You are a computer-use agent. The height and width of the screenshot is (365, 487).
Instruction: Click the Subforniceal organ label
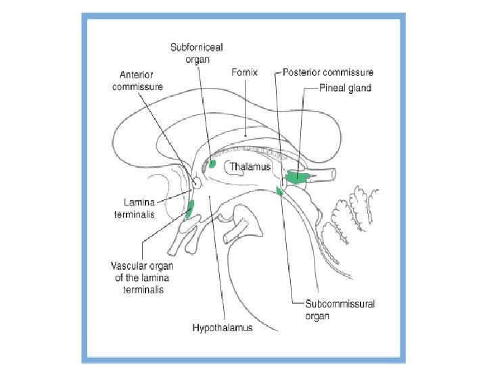[x=197, y=53]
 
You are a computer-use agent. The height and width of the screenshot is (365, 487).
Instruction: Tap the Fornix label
[x=244, y=72]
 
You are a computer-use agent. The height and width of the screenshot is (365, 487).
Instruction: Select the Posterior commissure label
[x=328, y=72]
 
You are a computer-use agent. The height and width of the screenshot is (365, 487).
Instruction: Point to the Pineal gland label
[x=346, y=88]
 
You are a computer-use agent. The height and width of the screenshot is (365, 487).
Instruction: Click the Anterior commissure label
[x=137, y=80]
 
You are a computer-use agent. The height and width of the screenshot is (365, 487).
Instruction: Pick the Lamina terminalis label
[x=135, y=208]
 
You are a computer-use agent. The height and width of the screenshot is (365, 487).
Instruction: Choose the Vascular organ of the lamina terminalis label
[x=142, y=278]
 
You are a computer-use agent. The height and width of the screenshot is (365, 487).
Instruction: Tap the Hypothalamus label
[x=223, y=328]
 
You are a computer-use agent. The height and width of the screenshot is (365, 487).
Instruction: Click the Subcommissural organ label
[x=340, y=310]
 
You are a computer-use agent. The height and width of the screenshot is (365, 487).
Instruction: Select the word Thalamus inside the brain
[x=250, y=167]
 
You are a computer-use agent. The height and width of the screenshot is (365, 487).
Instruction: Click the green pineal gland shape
[x=297, y=177]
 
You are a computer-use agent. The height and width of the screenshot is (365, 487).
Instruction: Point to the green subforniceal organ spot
[x=212, y=164]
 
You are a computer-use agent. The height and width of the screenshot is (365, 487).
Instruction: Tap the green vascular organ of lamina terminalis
[x=190, y=210]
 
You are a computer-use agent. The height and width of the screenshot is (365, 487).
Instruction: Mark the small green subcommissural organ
[x=279, y=190]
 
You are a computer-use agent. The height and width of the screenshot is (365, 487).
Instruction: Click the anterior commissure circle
[x=197, y=183]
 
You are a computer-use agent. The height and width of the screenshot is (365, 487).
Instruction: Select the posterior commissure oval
[x=283, y=183]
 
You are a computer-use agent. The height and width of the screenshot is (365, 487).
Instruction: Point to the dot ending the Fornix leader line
[x=245, y=136]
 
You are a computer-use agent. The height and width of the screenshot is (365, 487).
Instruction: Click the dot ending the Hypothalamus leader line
[x=210, y=196]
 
